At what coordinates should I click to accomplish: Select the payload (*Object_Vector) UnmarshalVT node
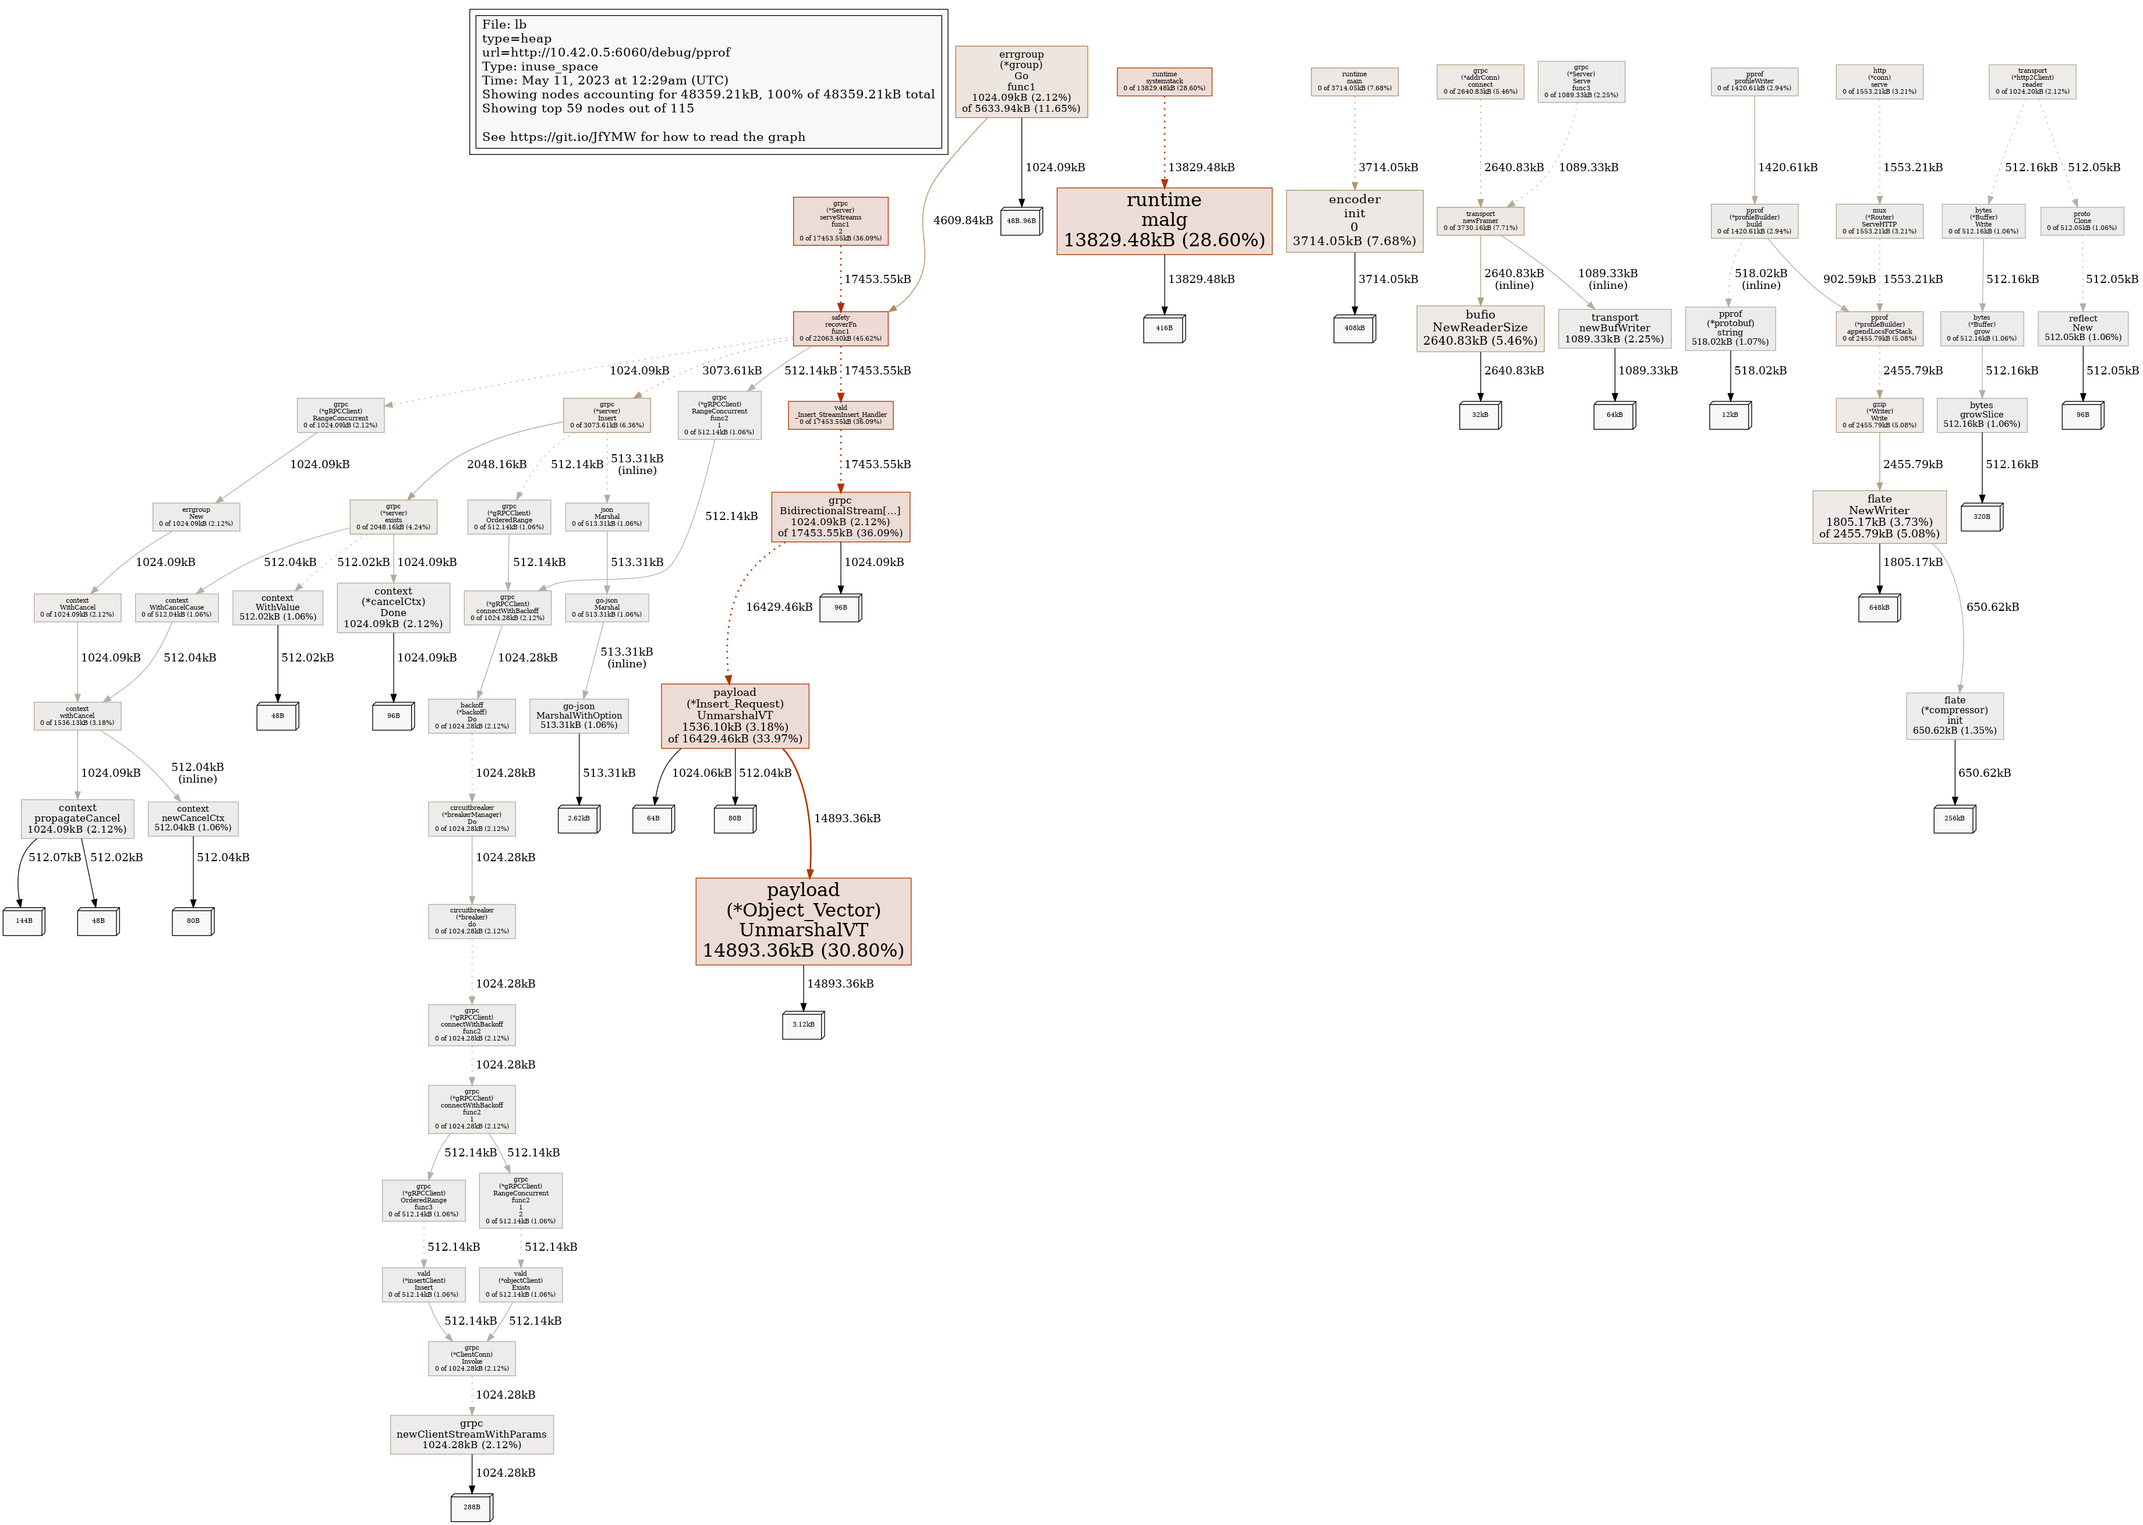tap(803, 920)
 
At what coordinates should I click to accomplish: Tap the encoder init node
tap(1354, 221)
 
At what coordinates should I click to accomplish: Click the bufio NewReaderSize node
tap(1480, 328)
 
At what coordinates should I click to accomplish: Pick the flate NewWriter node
tap(1879, 516)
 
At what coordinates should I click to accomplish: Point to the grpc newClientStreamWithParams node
tap(472, 1434)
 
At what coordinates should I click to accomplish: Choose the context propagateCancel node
tap(77, 819)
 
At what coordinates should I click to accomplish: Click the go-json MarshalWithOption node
tap(578, 716)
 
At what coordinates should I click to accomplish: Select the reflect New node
tap(2082, 328)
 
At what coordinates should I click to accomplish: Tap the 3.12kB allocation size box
tap(803, 1024)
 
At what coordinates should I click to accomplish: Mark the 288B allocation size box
tap(472, 1507)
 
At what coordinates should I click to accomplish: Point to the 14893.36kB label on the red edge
tap(847, 819)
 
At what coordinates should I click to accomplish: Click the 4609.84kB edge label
tap(963, 221)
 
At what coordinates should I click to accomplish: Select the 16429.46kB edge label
tap(779, 607)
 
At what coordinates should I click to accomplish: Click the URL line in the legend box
tap(606, 52)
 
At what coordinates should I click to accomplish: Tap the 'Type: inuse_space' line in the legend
tap(540, 67)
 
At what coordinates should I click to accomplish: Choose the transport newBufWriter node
tap(1614, 328)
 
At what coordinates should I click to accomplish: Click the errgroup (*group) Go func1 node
tap(1021, 82)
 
